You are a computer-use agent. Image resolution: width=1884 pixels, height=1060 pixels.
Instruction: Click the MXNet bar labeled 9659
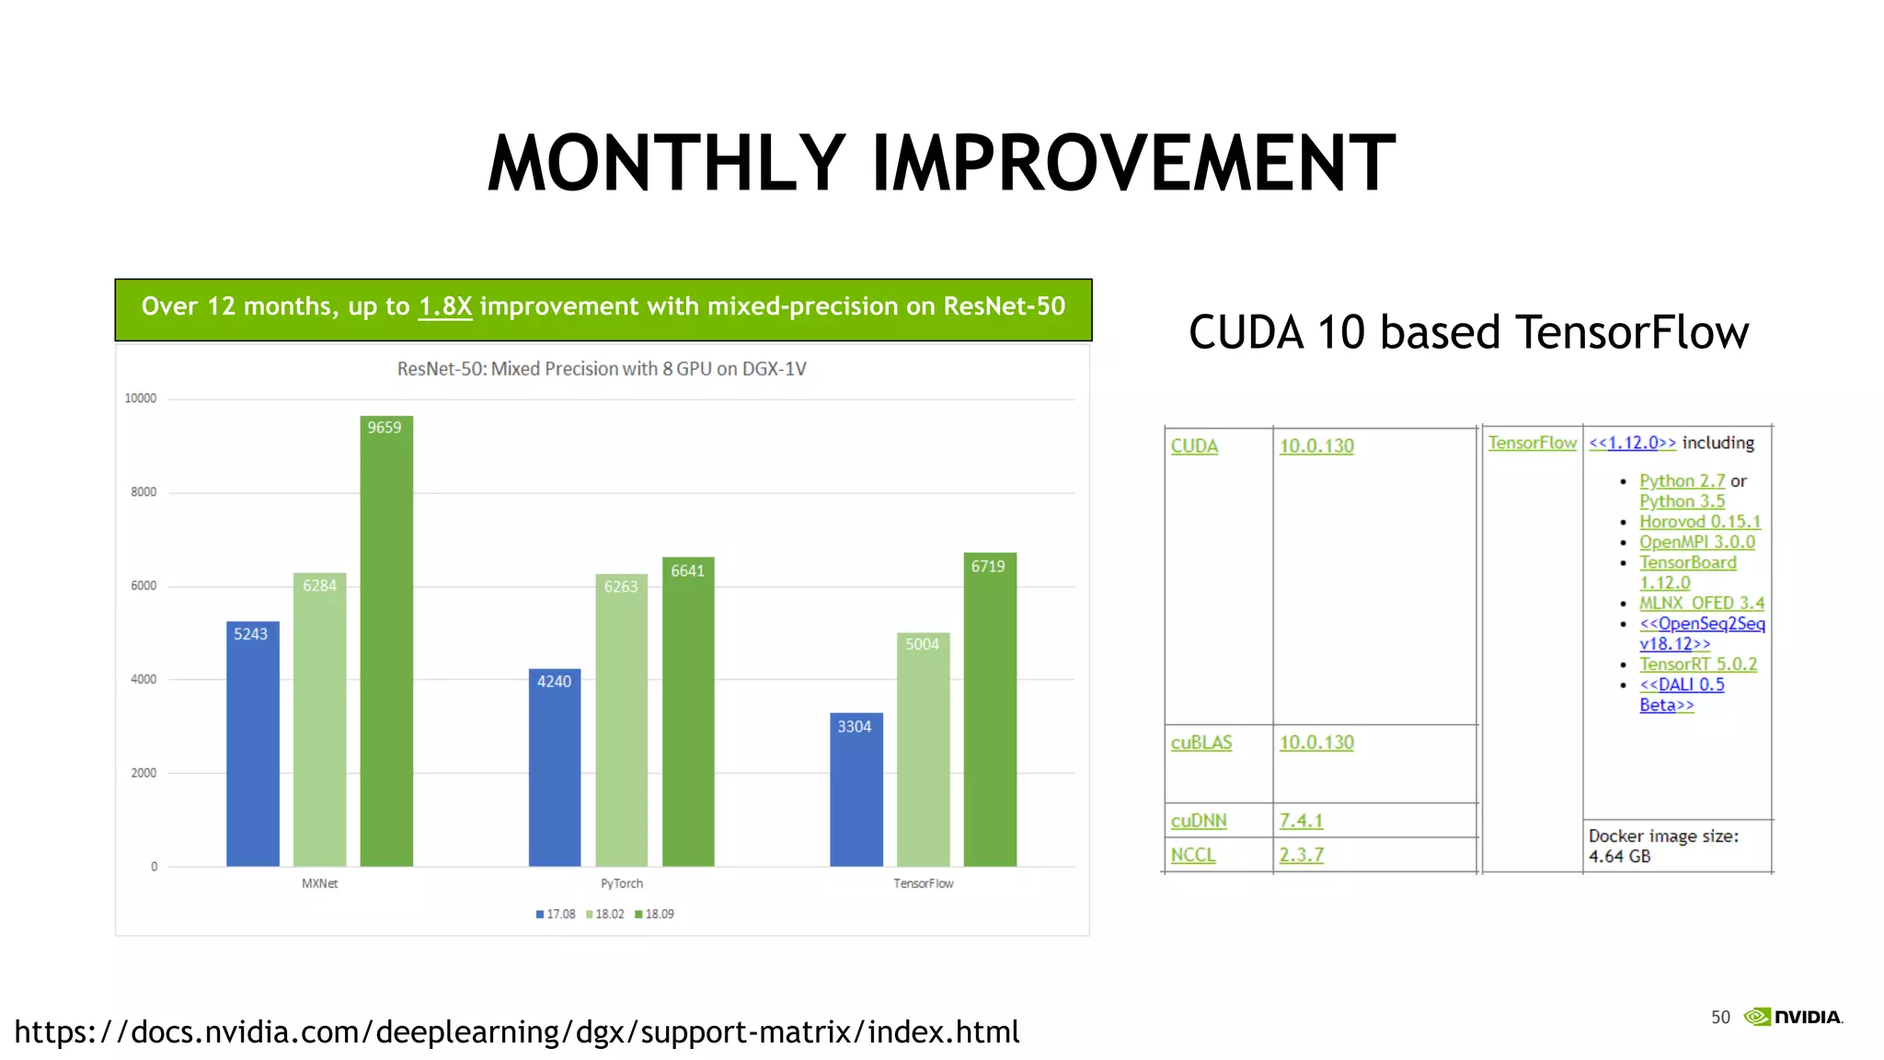386,644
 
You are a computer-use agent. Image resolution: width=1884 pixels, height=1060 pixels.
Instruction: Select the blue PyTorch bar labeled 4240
555,768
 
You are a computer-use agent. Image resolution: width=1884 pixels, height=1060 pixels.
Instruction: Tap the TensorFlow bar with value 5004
923,750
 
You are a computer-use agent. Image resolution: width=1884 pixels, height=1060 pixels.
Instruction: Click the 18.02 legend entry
605,914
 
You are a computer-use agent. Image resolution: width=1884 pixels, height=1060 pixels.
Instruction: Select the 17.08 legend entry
556,914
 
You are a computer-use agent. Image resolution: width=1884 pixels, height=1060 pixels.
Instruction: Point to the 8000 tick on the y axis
143,492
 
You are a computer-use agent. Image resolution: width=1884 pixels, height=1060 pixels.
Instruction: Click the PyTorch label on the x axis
622,883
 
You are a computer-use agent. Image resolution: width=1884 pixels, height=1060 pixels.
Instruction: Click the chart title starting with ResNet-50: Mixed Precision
602,369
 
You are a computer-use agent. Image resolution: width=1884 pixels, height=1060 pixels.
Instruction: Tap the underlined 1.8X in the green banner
445,306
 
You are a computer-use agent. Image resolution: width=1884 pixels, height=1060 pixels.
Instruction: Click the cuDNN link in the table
1199,821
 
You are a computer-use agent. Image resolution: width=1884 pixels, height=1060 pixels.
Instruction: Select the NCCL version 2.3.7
1301,855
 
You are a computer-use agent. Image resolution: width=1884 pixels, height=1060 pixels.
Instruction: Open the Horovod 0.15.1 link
1699,522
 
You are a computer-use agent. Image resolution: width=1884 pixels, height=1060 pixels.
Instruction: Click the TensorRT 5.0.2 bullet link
1697,664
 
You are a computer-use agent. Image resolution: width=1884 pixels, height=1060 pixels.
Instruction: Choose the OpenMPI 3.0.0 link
1696,542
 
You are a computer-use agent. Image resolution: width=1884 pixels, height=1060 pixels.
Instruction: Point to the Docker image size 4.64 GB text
1663,846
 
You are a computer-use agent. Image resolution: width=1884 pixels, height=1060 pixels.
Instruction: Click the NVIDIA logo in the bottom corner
1794,1017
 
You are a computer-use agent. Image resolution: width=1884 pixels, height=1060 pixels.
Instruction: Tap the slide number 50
1720,1017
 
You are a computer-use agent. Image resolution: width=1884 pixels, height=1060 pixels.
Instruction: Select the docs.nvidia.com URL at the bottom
517,1032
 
